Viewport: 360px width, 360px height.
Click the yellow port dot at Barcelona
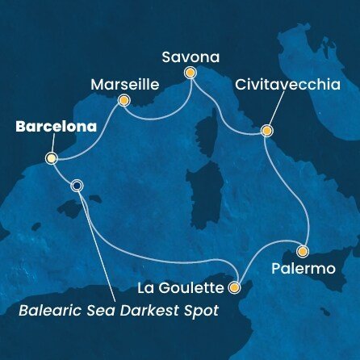pyautogui.click(x=51, y=158)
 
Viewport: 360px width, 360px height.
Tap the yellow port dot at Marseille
pyautogui.click(x=124, y=101)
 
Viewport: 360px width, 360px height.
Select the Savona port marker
pyautogui.click(x=191, y=73)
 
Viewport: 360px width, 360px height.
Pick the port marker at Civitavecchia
pyautogui.click(x=266, y=130)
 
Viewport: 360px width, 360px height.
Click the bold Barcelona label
pyautogui.click(x=49, y=127)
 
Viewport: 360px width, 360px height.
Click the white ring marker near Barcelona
pyautogui.click(x=77, y=185)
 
